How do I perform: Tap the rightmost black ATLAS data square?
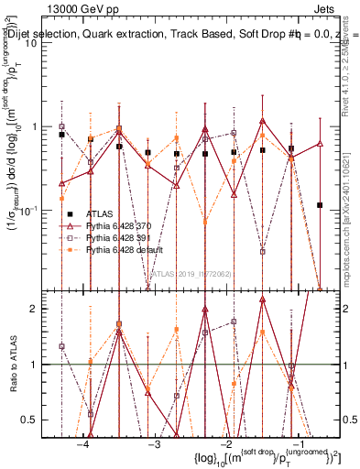pyautogui.click(x=319, y=205)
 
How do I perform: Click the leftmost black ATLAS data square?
pyautogui.click(x=61, y=135)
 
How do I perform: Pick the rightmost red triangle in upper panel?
pyautogui.click(x=319, y=143)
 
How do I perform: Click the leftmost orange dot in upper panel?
pyautogui.click(x=61, y=198)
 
